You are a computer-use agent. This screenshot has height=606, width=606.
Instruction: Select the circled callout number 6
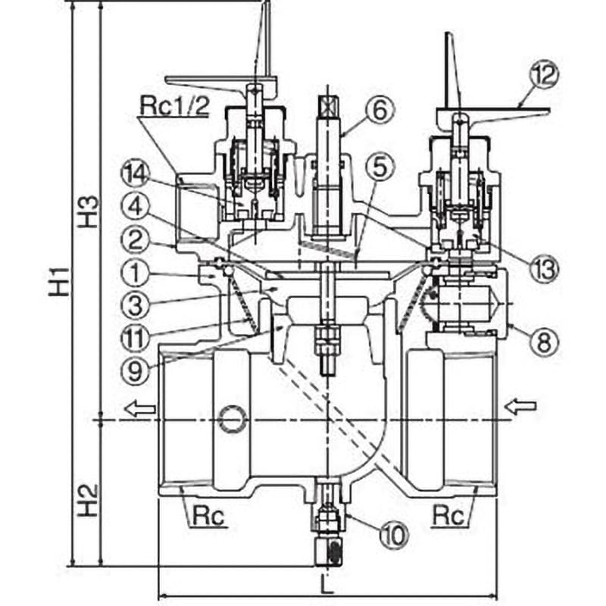380,110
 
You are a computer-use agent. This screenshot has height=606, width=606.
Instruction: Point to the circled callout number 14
136,176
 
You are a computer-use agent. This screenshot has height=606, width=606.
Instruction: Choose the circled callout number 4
136,208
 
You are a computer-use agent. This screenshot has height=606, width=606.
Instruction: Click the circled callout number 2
136,240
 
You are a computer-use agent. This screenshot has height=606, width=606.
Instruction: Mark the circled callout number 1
136,273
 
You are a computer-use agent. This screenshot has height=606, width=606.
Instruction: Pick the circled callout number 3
136,305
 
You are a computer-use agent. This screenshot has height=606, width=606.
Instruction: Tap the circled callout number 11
136,339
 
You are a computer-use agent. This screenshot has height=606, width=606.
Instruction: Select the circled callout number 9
136,371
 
